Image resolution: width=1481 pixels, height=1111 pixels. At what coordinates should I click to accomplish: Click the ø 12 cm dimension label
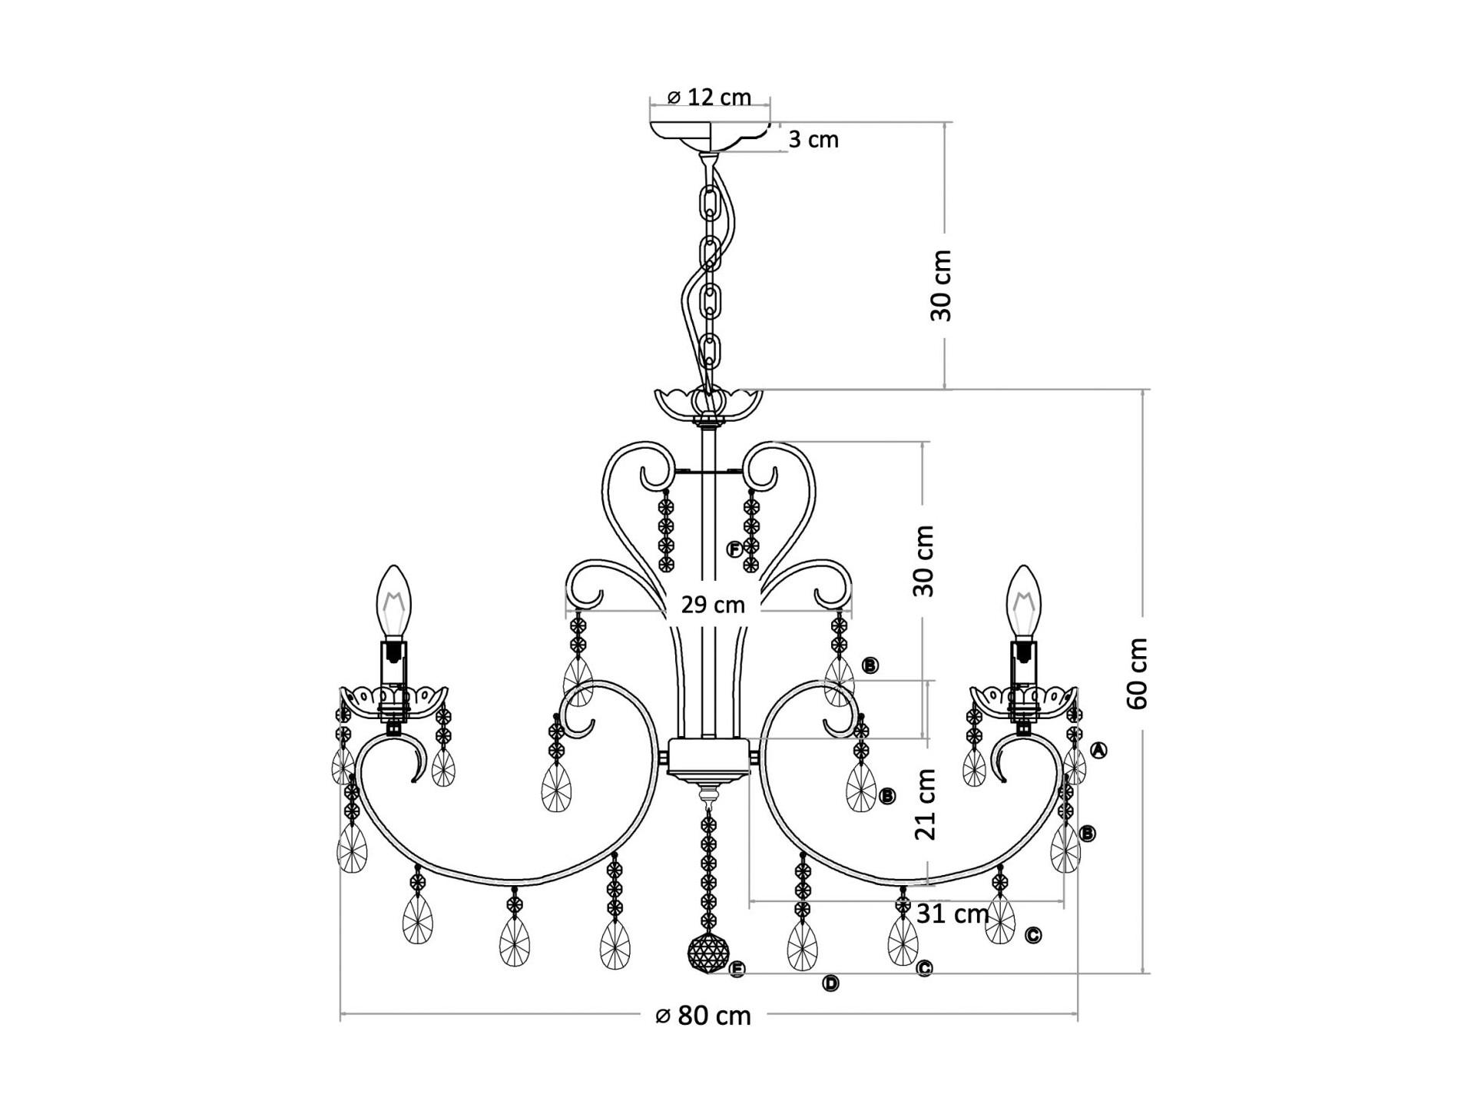pos(709,97)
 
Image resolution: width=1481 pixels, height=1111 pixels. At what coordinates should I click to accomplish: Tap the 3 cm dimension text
pos(813,140)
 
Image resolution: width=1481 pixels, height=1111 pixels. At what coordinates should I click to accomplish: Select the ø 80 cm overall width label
pos(703,1016)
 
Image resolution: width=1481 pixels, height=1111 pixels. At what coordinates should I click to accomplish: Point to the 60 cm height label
pos(1138,673)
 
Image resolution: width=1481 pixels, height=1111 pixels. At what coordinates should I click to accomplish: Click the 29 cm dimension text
pos(713,605)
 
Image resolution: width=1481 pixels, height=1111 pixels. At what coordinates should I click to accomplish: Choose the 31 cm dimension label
pos(953,914)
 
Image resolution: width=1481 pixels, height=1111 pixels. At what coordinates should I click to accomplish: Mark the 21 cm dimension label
pos(926,804)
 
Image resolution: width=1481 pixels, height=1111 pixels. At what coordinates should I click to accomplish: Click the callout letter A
pos(1099,750)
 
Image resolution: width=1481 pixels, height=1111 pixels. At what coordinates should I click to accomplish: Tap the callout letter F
pos(735,549)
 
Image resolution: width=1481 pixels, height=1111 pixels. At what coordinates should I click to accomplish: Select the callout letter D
pos(830,983)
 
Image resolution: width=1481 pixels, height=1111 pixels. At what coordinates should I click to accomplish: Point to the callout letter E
pos(737,970)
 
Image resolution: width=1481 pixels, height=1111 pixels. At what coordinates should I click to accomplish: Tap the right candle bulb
pos(1022,602)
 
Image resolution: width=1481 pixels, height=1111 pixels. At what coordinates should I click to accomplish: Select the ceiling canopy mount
pos(711,137)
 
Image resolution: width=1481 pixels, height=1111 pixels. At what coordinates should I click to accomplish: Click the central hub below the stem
pos(708,759)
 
